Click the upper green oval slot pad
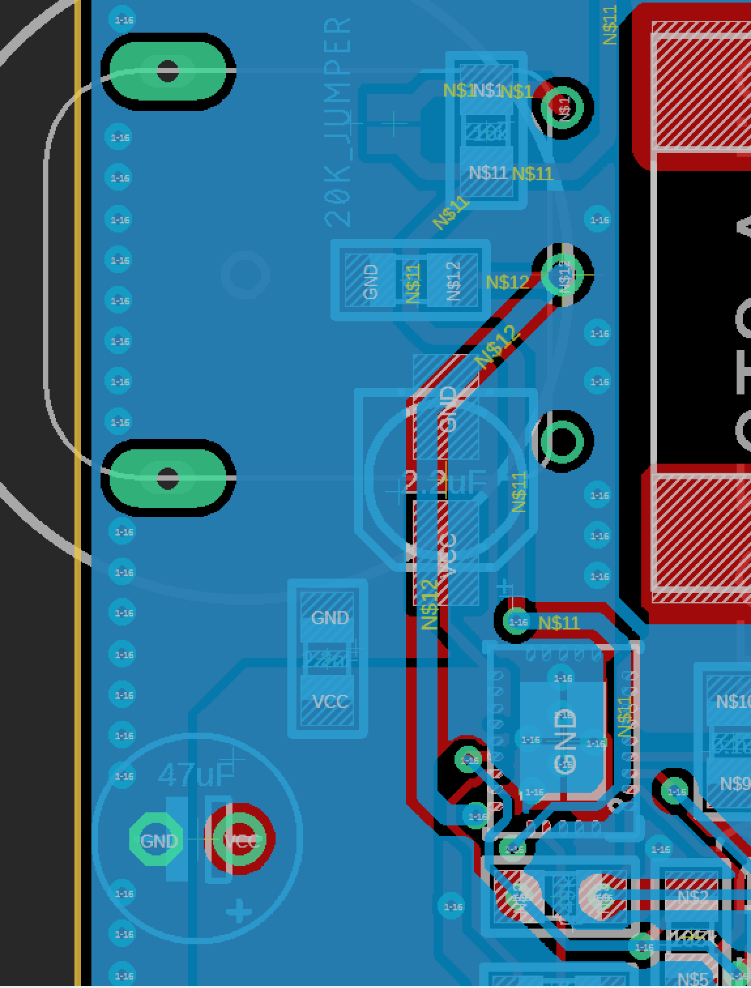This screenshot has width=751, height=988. [x=168, y=71]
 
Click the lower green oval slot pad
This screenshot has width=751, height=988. [x=168, y=478]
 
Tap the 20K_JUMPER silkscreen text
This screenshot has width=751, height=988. [x=338, y=122]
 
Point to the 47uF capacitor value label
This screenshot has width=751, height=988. [x=195, y=774]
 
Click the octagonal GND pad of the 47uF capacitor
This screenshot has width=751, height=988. [x=159, y=840]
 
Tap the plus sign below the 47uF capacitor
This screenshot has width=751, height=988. [x=239, y=912]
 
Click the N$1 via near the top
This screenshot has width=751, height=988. [x=563, y=106]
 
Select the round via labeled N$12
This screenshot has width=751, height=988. [x=563, y=274]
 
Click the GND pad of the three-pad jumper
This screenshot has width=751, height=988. [x=370, y=281]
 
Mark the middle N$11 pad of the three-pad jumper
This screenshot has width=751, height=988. [x=413, y=281]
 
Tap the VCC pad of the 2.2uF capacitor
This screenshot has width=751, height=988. [x=447, y=552]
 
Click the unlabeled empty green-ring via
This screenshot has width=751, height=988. [x=563, y=441]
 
